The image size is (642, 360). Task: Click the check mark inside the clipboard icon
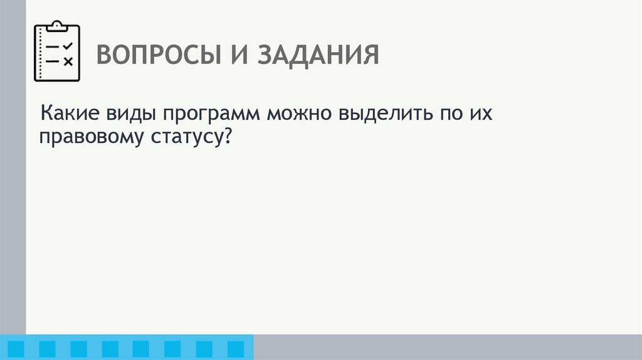[68, 46]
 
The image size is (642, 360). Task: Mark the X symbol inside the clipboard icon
[68, 61]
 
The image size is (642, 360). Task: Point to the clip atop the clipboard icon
[56, 26]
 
